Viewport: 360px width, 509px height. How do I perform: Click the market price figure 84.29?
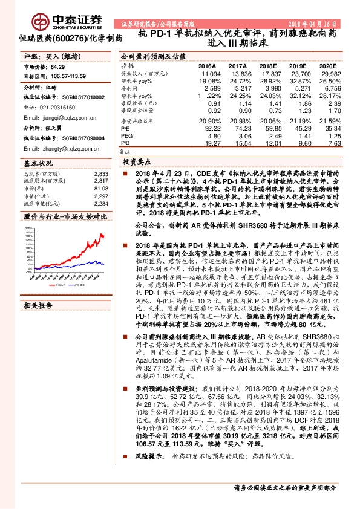[58, 68]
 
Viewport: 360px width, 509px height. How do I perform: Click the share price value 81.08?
[100, 187]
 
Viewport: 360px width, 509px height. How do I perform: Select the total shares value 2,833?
[100, 173]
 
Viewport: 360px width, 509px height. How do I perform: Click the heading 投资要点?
[136, 162]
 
